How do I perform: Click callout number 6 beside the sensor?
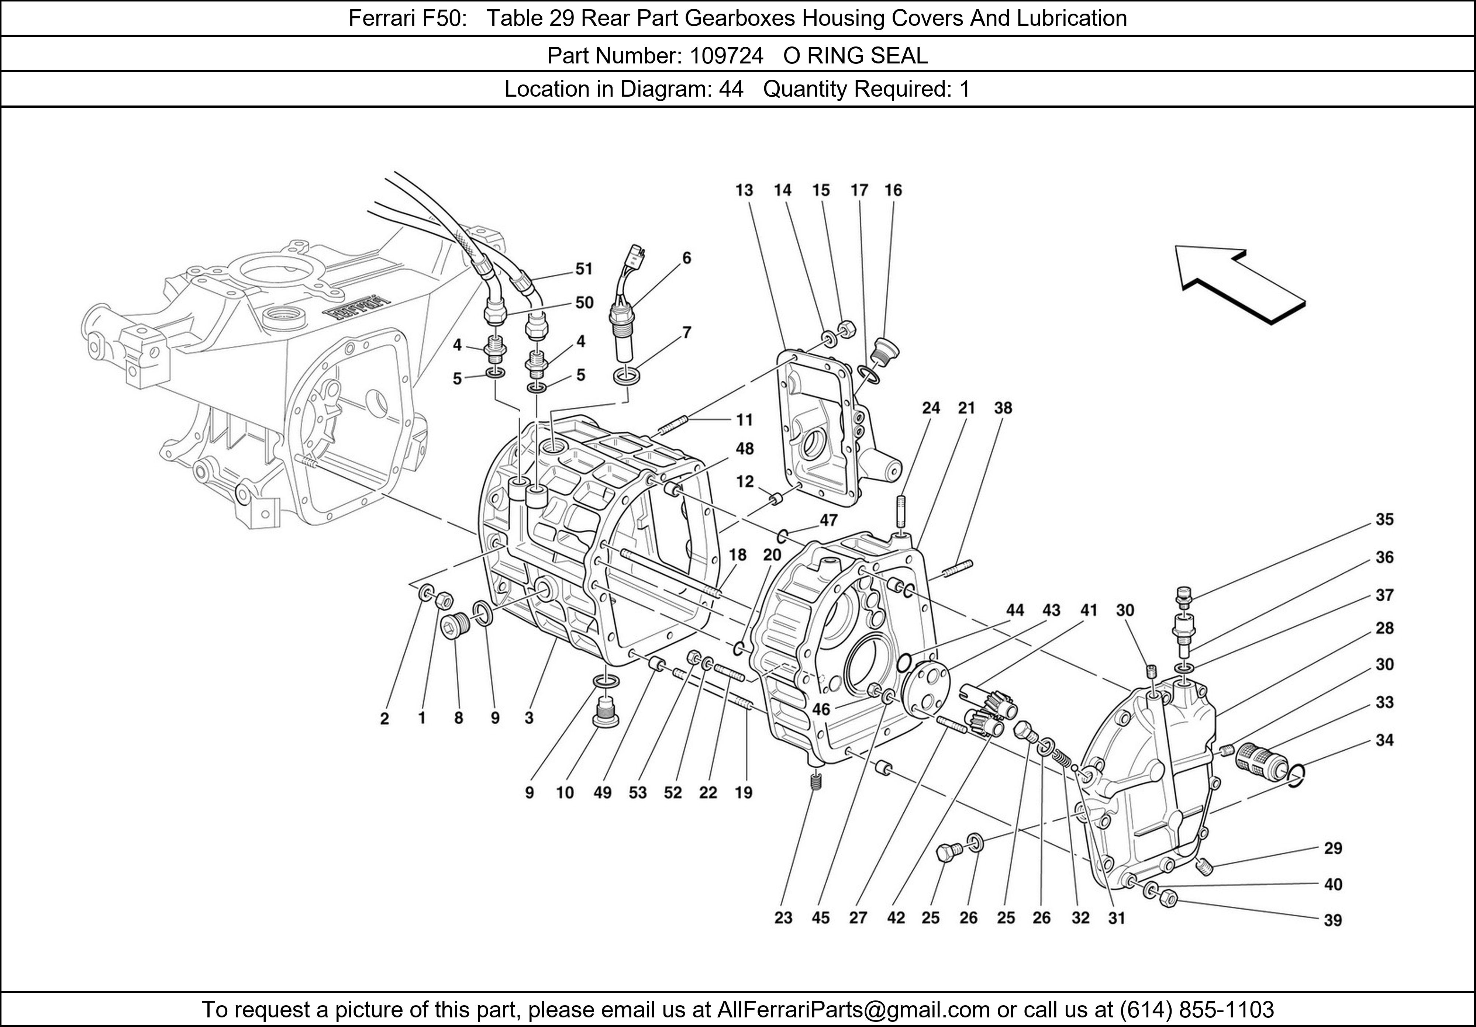(x=687, y=258)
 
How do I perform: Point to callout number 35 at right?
(x=1384, y=519)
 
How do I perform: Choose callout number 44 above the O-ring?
(x=1014, y=610)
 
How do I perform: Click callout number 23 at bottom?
(x=783, y=918)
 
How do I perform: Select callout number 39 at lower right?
(x=1332, y=920)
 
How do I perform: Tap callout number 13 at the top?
(x=744, y=190)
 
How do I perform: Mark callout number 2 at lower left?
(x=384, y=719)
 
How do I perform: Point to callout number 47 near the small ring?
(x=828, y=519)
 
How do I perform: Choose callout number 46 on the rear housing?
(x=821, y=709)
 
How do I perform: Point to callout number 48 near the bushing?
(x=744, y=449)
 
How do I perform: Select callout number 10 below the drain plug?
(x=565, y=792)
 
